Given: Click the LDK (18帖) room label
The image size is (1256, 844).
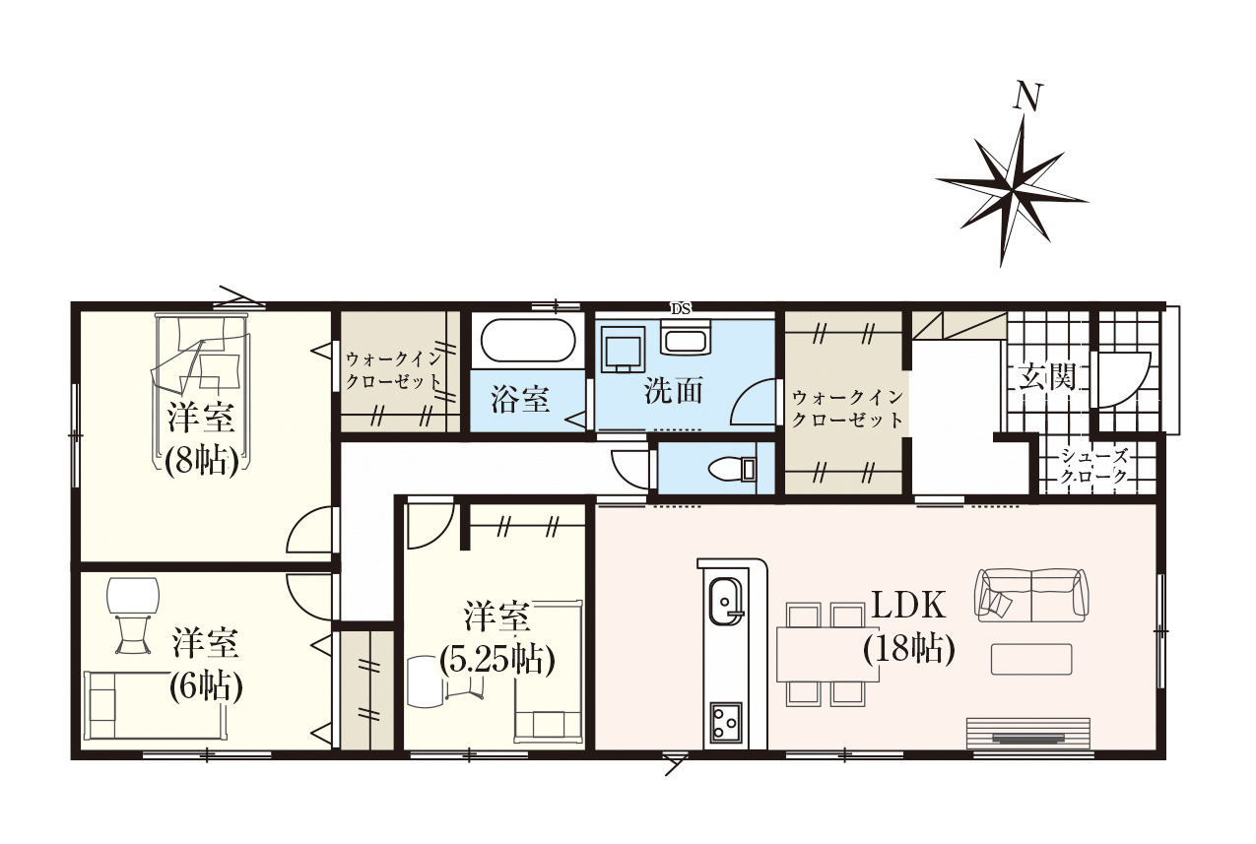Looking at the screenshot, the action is coord(909,627).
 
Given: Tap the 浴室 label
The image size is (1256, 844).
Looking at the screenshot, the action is coord(520,400).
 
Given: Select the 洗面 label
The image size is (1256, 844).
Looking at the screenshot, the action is coord(673,391).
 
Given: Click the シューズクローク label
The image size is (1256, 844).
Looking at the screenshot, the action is coord(1092,466).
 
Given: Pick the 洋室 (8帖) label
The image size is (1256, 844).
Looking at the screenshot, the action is coord(201,439).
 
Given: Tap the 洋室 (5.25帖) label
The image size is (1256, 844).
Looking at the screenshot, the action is coord(496,638).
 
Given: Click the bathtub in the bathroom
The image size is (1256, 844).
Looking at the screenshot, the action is coord(528,340).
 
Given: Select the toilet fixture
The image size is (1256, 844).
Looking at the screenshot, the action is coord(732,469).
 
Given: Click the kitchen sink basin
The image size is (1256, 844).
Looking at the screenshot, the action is coord(726,600).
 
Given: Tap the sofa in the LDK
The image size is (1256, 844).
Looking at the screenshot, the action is coord(1031,595).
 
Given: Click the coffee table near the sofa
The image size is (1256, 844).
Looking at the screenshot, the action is coord(1031,659).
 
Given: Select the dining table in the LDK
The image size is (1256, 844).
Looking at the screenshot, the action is coord(827,655).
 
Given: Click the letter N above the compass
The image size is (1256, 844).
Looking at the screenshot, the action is coord(1027,97).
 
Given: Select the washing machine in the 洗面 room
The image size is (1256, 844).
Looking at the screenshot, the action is coord(623,350).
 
